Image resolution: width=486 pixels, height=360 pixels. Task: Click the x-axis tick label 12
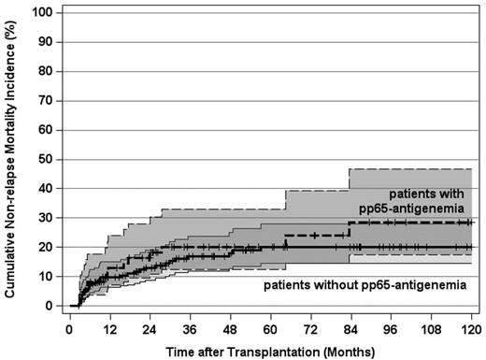pos(109,330)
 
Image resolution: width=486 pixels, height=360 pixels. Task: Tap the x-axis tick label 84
pos(350,330)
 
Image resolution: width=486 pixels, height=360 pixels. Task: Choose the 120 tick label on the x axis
pos(471,330)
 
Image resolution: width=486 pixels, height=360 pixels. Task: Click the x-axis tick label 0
pos(69,330)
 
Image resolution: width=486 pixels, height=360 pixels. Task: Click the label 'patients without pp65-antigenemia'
pos(364,283)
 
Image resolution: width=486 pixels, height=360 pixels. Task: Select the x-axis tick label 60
pos(270,330)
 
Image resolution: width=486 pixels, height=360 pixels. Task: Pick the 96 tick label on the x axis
pos(391,330)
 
